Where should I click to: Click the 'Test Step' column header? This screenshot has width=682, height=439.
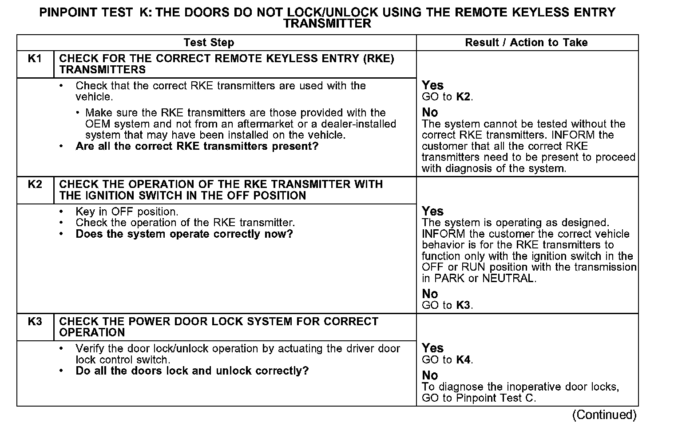click(209, 43)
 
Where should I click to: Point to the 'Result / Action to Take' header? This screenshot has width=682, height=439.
click(526, 43)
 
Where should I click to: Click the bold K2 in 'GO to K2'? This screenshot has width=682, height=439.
click(464, 97)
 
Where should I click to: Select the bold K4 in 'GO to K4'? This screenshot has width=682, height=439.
click(464, 360)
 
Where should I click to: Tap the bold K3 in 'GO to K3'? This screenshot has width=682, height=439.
click(464, 305)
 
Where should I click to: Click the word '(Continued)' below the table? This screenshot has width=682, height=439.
click(604, 415)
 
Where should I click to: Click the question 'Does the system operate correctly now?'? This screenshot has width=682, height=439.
click(184, 234)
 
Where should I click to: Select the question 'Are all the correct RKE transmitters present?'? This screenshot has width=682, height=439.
click(197, 146)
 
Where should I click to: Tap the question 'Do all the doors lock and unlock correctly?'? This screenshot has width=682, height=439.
click(192, 371)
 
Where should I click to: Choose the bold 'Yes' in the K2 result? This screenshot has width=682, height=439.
click(432, 211)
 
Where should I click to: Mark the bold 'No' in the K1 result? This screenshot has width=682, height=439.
click(430, 112)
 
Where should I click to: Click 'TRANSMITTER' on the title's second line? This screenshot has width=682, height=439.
click(327, 24)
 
